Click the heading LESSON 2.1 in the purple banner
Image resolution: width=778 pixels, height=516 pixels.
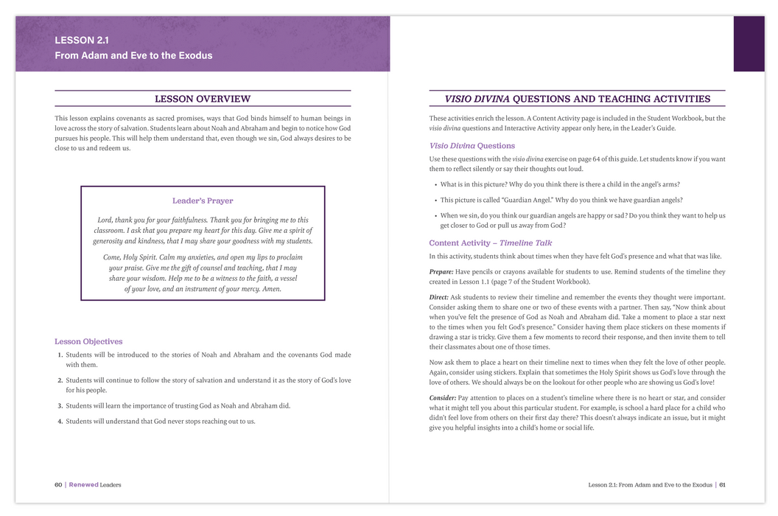coord(82,41)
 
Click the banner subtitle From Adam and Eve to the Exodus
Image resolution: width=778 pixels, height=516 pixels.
coord(133,55)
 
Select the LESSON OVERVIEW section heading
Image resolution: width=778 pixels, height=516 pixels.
coord(203,99)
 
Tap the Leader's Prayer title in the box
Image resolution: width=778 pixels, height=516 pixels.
coord(203,201)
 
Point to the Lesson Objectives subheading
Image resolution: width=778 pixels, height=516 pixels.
coord(88,341)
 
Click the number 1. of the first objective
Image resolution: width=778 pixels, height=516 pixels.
coord(60,355)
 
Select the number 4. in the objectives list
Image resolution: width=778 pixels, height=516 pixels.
coord(60,421)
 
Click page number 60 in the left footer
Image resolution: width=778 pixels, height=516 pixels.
coord(58,484)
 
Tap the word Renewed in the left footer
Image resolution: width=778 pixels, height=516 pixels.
coord(83,484)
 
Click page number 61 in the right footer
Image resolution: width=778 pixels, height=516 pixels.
coord(723,484)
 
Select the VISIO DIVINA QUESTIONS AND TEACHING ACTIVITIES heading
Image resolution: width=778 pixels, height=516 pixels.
coord(578,99)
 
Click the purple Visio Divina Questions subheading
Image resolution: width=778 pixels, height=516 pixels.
coord(472,145)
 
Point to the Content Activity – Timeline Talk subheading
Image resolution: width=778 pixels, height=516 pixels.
coord(491,243)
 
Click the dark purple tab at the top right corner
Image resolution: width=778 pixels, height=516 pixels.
coord(749,43)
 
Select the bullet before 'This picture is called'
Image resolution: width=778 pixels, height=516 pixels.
coord(435,200)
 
